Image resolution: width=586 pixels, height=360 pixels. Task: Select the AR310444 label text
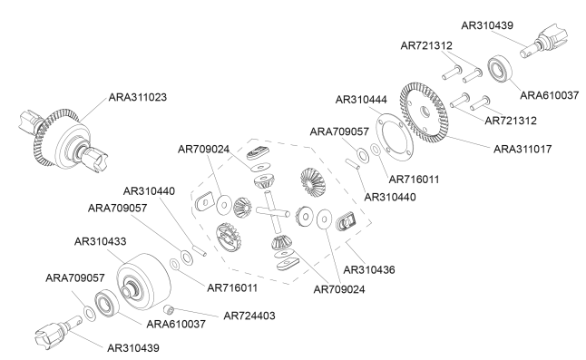(x=365, y=99)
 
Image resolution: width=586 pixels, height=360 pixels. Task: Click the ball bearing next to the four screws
(x=500, y=68)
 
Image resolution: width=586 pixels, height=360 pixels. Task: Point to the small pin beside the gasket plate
(x=351, y=162)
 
